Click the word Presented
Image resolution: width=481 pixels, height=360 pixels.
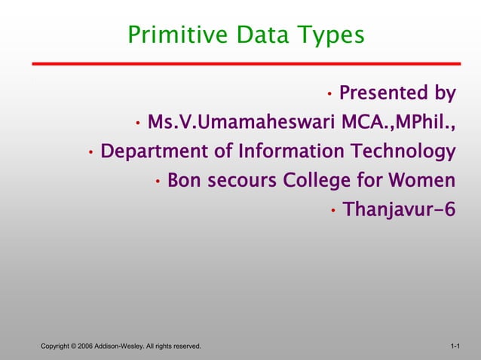click(382, 93)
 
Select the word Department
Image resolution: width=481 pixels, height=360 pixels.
click(156, 152)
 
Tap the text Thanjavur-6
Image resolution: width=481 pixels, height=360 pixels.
click(399, 210)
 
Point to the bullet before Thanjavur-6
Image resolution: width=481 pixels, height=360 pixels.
click(332, 211)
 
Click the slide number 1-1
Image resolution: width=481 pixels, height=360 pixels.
click(455, 346)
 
